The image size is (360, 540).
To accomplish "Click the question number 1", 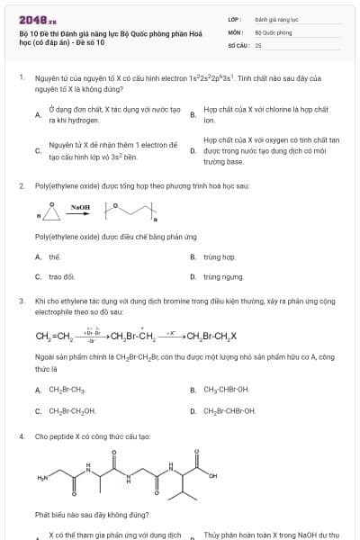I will [21, 78].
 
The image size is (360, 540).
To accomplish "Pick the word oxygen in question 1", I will [267, 140].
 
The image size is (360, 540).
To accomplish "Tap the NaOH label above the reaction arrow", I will [81, 207].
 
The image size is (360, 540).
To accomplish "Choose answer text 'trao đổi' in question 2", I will [61, 277].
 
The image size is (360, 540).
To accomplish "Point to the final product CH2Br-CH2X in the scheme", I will [211, 337].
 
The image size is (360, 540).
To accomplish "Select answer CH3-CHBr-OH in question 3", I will [227, 391].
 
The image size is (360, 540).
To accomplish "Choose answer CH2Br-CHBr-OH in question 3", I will [229, 410].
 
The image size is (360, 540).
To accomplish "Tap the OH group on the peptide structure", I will [213, 476].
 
